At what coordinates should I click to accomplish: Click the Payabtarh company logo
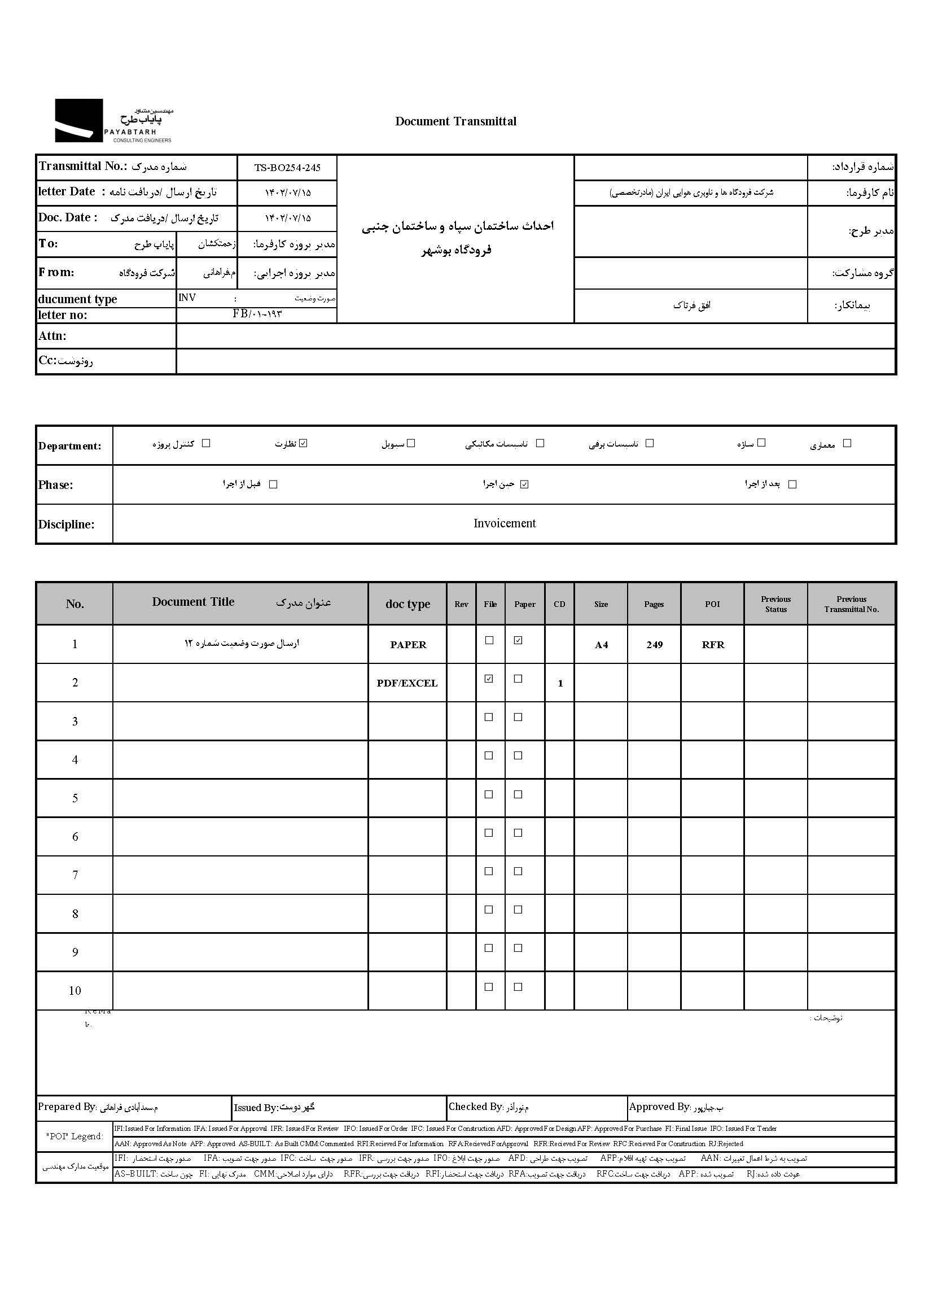(x=113, y=121)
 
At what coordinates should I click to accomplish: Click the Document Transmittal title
(x=455, y=121)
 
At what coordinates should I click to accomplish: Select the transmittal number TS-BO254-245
(x=287, y=168)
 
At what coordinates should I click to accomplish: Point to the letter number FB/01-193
(x=257, y=313)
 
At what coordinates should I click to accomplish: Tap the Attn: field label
(x=52, y=336)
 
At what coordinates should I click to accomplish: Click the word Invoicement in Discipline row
(x=505, y=523)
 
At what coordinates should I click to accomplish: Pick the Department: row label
(x=69, y=446)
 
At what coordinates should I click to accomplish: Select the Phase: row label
(x=55, y=484)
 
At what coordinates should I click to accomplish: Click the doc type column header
(x=407, y=604)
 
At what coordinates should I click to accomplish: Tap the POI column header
(x=712, y=604)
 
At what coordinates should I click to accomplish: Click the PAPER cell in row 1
(x=408, y=644)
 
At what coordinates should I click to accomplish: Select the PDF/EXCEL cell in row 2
(x=407, y=683)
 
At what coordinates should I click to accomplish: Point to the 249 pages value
(x=654, y=644)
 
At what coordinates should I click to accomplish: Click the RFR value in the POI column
(x=713, y=644)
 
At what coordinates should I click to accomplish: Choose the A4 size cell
(x=601, y=645)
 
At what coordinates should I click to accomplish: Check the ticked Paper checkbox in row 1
(x=518, y=640)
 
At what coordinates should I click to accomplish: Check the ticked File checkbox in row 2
(x=489, y=679)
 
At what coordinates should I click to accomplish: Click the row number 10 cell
(x=75, y=990)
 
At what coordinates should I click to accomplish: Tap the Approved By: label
(x=660, y=1107)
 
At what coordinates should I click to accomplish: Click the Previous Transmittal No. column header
(x=851, y=604)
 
